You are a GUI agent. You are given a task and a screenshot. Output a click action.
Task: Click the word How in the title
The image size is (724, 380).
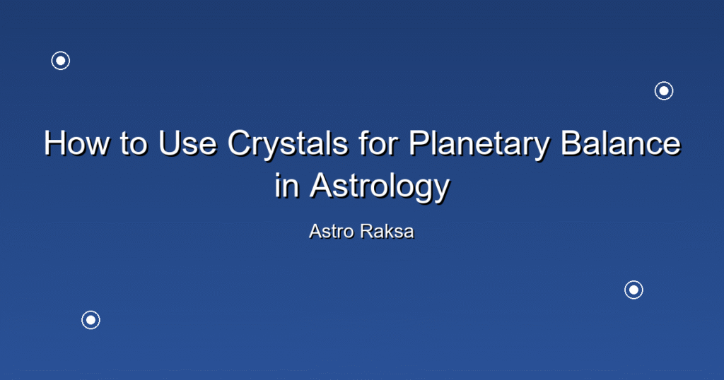point(76,143)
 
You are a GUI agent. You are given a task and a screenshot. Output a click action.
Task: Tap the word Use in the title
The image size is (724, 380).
point(187,143)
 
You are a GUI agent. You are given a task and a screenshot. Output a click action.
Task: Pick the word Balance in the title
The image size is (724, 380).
point(621,143)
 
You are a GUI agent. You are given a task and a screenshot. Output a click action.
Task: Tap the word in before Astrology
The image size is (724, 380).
point(286,185)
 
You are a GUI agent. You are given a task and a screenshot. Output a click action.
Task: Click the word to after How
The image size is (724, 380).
point(134,143)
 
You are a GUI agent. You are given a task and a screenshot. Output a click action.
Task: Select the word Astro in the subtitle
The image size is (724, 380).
point(331,232)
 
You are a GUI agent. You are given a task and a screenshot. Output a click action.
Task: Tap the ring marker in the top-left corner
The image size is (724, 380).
point(61,52)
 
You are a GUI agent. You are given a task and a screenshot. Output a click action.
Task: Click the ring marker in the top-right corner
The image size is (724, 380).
point(664,82)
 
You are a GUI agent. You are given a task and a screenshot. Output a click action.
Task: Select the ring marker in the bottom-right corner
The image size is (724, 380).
point(634,281)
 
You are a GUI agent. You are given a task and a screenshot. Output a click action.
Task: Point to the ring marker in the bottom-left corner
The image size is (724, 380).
point(91,311)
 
